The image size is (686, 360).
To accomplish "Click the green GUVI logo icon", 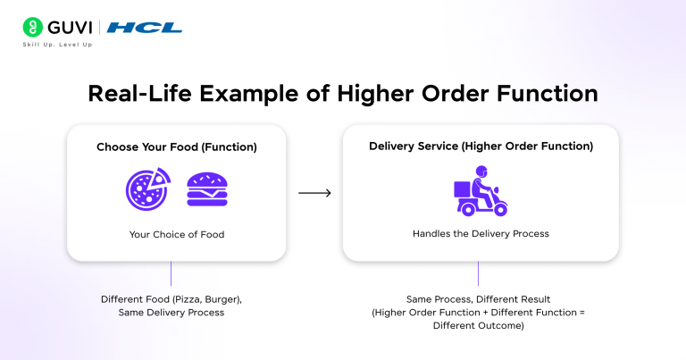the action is (x=33, y=27).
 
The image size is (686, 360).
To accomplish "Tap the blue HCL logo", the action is (x=145, y=28).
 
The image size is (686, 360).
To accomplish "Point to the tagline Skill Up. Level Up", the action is (x=57, y=45).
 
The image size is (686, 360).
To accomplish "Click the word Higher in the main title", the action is (x=375, y=94).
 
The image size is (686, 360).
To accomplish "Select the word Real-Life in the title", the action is (x=139, y=93).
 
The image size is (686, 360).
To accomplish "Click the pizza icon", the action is (x=148, y=189).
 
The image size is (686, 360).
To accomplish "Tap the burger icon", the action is (x=207, y=189).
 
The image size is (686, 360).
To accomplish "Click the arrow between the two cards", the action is (x=314, y=193).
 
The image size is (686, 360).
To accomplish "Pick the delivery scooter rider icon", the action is (x=481, y=190).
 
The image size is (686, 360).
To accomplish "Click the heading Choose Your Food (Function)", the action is (x=177, y=147).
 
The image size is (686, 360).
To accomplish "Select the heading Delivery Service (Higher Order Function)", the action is (x=481, y=147).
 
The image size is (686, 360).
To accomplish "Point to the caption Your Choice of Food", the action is (x=177, y=234).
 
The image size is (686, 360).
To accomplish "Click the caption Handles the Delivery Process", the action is (x=481, y=233).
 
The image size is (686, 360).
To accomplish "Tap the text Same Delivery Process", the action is (x=171, y=313).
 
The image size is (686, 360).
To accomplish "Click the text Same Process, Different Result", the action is (x=478, y=299).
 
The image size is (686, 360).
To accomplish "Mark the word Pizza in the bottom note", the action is (x=188, y=299).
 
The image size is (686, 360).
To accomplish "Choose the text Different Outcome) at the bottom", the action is (x=478, y=325).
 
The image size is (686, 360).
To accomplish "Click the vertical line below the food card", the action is (x=171, y=273).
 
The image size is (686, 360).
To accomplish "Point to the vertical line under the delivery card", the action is (x=478, y=273).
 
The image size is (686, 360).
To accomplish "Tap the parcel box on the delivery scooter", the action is (x=462, y=189).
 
